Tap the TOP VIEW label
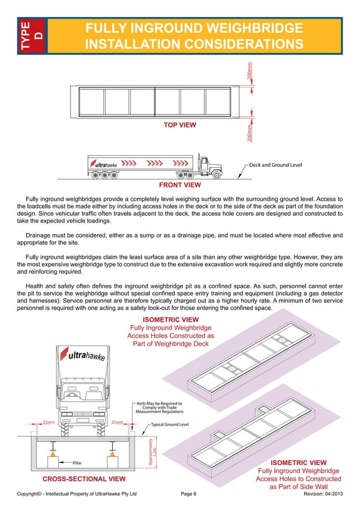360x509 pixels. (x=179, y=125)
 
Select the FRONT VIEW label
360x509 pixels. (x=179, y=185)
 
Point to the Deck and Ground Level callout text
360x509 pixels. (x=276, y=165)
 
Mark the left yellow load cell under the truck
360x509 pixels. (x=52, y=453)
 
